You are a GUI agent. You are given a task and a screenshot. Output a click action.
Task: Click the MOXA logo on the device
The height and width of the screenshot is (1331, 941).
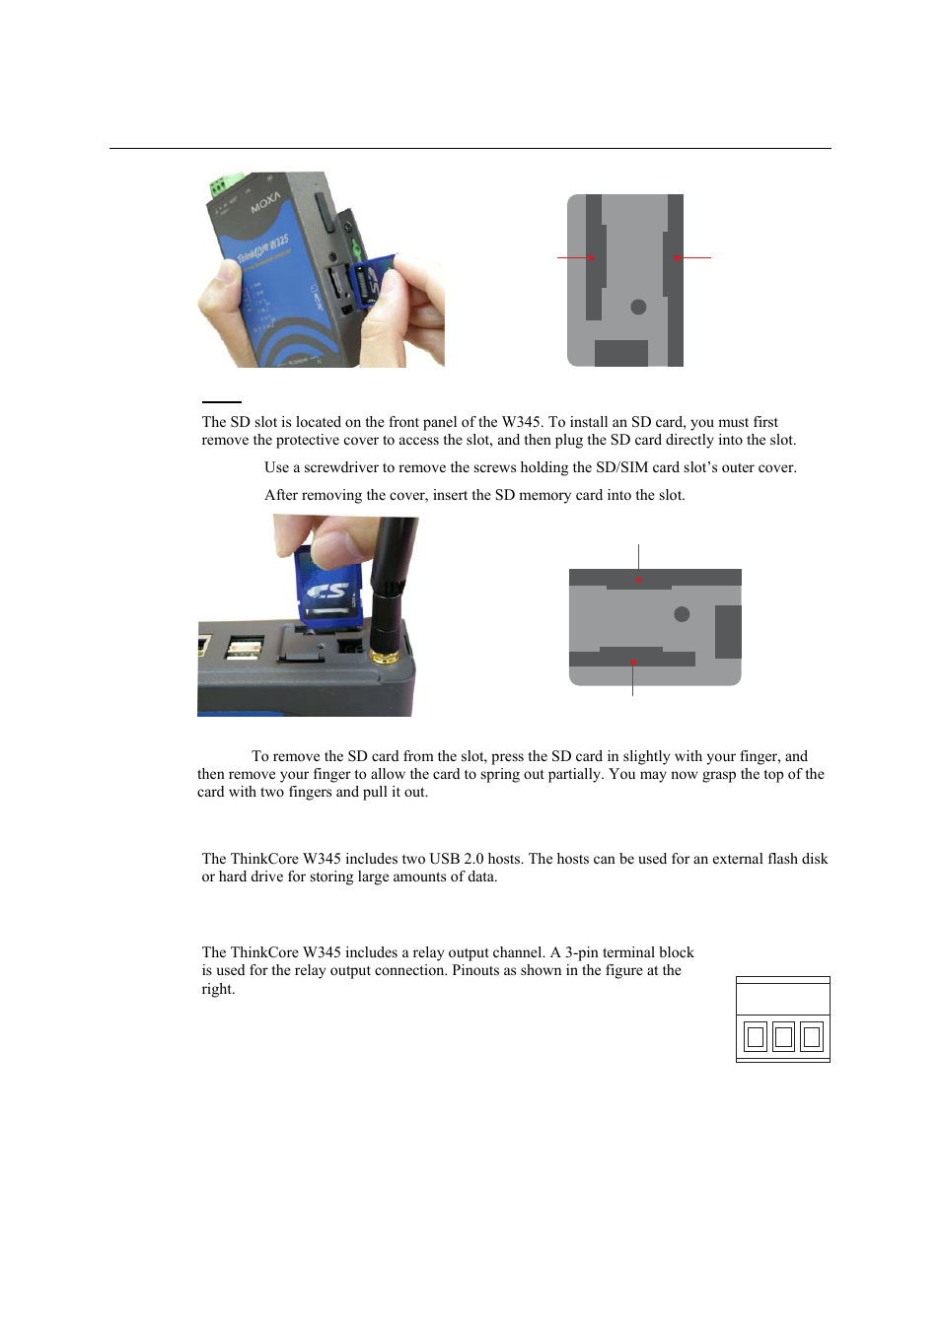(265, 202)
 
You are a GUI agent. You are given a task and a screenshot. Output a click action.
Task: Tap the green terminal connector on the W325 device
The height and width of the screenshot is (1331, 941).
(225, 184)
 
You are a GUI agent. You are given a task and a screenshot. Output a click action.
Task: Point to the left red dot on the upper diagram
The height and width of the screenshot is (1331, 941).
(591, 258)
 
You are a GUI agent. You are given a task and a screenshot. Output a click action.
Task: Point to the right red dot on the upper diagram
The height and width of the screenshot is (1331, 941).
(677, 258)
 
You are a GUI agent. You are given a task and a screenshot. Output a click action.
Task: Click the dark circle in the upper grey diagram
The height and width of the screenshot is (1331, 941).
(638, 307)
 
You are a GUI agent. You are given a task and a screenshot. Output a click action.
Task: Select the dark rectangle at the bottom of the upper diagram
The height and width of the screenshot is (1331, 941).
(620, 353)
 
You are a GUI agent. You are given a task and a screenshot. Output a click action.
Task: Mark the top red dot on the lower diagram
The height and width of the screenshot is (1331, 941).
(638, 580)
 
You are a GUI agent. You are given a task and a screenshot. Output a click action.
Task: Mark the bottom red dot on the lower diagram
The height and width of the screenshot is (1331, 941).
(632, 663)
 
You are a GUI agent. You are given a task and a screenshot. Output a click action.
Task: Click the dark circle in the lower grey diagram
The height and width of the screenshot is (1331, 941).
(682, 614)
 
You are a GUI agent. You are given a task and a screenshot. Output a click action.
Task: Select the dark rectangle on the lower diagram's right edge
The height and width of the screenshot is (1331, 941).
(728, 632)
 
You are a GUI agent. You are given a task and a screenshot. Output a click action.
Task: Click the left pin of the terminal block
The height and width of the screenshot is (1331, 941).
(756, 1036)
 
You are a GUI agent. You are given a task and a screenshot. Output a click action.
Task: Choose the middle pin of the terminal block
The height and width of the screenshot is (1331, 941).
(783, 1036)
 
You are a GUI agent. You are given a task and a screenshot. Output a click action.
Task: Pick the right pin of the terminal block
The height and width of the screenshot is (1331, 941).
(812, 1036)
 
